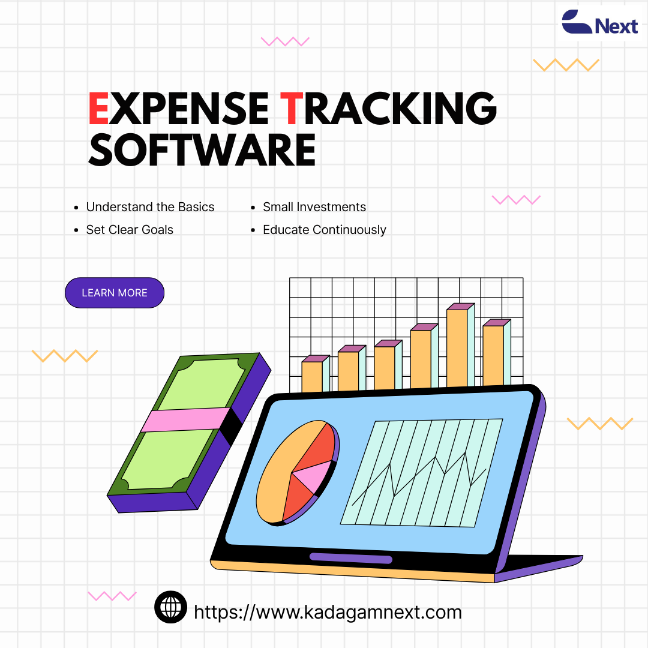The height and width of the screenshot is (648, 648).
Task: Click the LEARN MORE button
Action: point(115,293)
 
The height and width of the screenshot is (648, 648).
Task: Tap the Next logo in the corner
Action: point(599,22)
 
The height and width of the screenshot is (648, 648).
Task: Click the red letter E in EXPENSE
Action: point(98,108)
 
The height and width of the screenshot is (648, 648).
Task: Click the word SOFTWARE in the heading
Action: point(202,149)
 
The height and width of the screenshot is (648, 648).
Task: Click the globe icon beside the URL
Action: point(170,607)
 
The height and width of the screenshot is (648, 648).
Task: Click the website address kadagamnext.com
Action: point(328,612)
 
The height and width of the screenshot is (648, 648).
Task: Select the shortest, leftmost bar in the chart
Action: point(316,374)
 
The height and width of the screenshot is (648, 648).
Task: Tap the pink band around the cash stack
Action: point(185,419)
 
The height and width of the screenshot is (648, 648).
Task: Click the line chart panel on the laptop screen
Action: point(422,473)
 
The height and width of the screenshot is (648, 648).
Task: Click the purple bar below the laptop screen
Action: point(351,559)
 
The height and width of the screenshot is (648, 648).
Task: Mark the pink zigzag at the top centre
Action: point(285,41)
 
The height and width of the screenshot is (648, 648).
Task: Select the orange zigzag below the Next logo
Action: point(566,65)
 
